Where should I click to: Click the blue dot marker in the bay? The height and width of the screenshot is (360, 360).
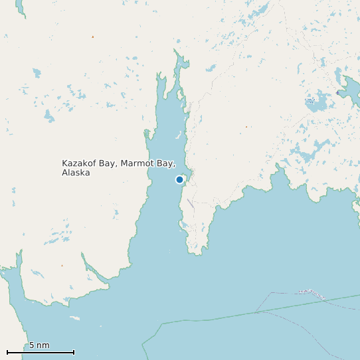coord(179,179)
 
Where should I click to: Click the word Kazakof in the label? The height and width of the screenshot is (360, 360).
coord(78,163)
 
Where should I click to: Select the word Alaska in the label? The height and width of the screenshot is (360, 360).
coord(75,173)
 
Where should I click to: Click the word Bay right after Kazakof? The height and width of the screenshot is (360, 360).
coord(106,163)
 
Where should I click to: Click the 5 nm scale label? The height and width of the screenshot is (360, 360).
coord(39,345)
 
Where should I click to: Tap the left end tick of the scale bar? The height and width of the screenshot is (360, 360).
coord(7,352)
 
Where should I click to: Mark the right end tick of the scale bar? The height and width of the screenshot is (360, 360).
coord(74,352)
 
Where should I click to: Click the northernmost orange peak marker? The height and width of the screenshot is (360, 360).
coord(92,37)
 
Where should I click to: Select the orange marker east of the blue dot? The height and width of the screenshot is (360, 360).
coord(246,126)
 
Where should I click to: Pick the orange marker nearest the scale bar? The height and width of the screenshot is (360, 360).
coord(62,266)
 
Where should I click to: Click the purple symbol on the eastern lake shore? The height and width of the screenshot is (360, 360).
coord(337,93)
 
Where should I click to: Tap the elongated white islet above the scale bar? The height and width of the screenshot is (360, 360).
coord(74,318)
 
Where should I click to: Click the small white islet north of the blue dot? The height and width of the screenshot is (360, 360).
coord(177,135)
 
